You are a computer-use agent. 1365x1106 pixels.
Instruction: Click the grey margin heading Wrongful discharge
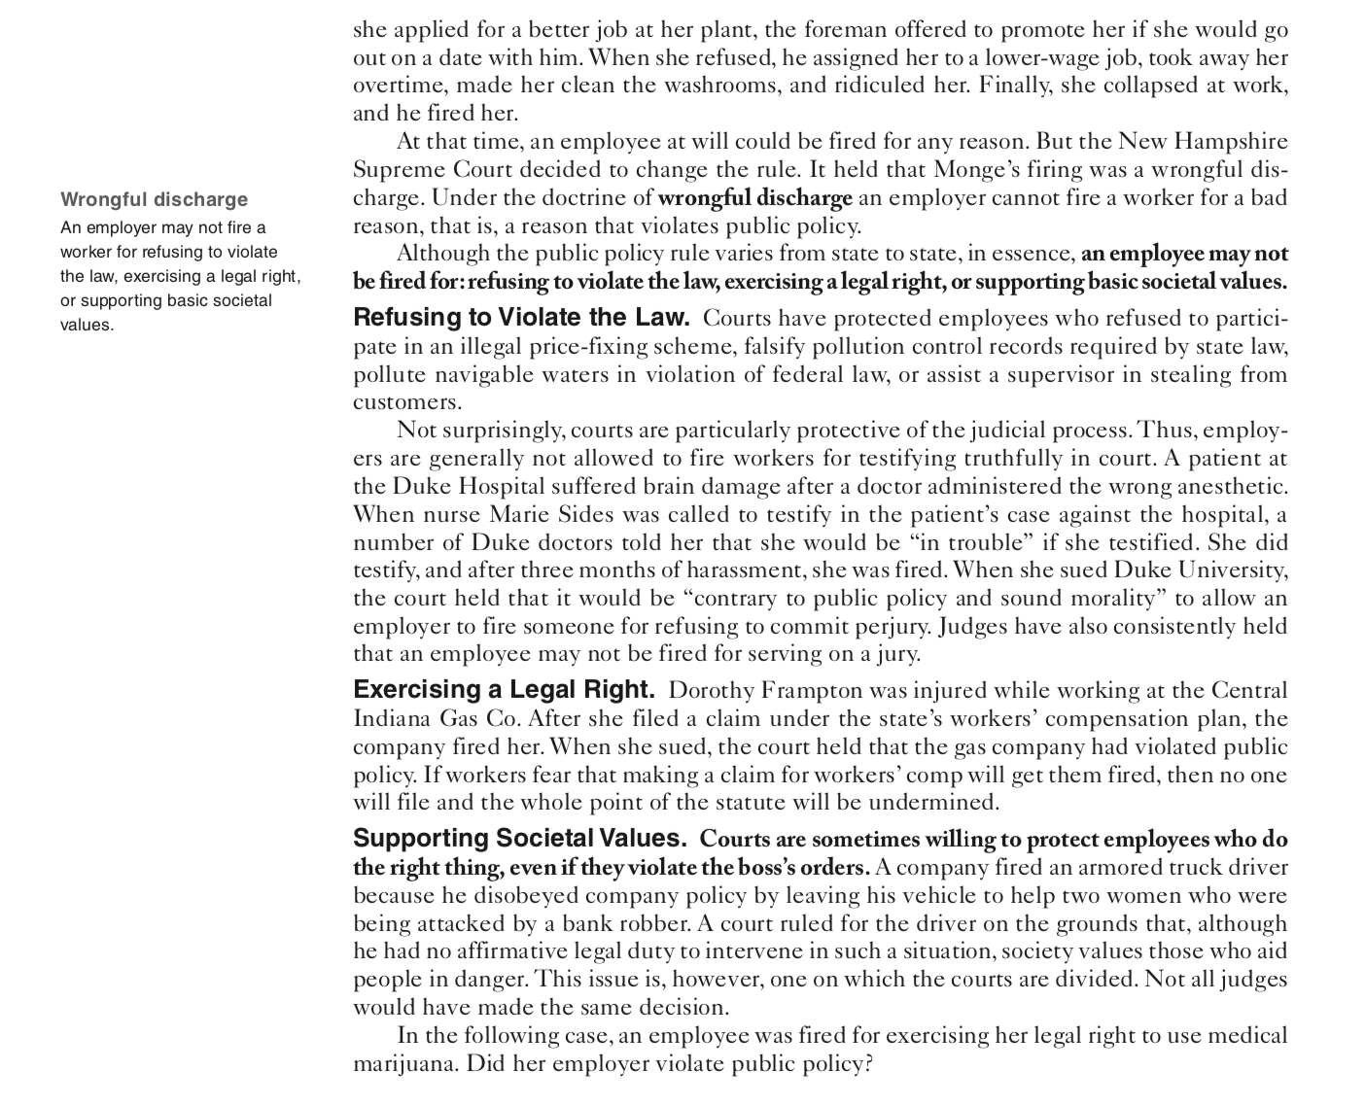tap(154, 200)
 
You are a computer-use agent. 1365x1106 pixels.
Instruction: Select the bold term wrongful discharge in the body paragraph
tap(754, 198)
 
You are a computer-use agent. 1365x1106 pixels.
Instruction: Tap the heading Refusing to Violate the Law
tap(521, 318)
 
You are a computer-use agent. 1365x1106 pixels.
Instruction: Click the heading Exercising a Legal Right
tap(504, 690)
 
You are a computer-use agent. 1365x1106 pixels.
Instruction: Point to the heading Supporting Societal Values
tap(520, 839)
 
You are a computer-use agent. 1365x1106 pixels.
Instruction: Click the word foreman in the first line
tap(822, 30)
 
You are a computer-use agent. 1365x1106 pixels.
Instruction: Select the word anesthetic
tap(1231, 486)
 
